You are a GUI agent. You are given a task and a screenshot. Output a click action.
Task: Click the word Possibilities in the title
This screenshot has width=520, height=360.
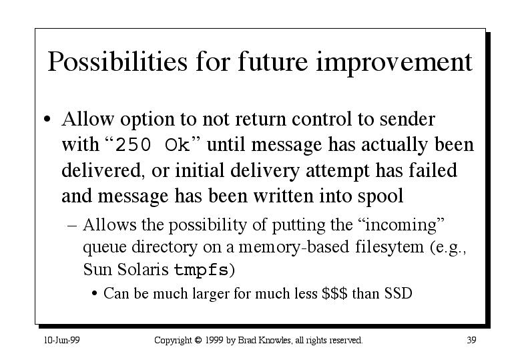coord(117,62)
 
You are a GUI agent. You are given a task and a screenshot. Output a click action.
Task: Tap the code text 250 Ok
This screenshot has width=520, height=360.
coord(152,145)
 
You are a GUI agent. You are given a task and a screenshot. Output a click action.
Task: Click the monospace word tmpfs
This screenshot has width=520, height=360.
coord(202,269)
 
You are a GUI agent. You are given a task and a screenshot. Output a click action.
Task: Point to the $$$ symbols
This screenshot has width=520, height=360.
coord(334,293)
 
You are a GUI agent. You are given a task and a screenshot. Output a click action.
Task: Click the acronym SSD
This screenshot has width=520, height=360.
coord(399,293)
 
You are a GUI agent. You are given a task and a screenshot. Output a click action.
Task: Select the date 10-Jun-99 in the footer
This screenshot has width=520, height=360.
coord(62,340)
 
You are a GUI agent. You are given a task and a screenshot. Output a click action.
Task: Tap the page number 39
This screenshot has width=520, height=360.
coord(471,340)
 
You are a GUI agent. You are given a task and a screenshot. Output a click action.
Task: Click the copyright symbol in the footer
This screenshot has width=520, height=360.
coord(198,340)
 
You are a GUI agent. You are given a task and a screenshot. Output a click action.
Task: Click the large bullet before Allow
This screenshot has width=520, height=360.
coord(47,120)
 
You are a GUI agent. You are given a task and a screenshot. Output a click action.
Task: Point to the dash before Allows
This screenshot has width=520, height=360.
coord(72,226)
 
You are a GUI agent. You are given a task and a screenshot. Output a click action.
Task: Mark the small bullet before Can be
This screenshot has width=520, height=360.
coord(95,294)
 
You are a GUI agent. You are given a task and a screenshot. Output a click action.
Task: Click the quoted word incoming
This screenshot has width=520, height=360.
coord(401,225)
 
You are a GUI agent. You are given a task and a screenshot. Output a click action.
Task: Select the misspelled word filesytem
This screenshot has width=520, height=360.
coord(389,247)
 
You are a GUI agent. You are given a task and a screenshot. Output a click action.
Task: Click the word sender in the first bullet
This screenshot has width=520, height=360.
coord(407,120)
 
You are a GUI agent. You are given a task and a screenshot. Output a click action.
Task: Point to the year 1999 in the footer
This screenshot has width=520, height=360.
coord(214,340)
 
